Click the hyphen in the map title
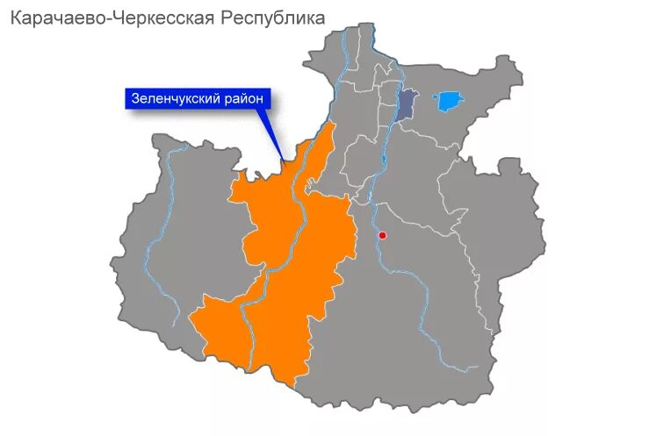click(x=103, y=18)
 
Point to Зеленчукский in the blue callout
click(x=175, y=99)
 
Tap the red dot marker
click(x=382, y=235)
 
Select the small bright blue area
click(x=449, y=101)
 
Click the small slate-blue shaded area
click(x=405, y=105)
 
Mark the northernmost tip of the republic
click(x=360, y=25)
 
